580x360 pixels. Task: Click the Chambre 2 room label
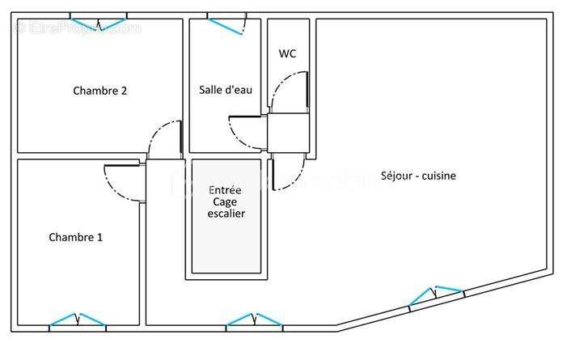tap(99, 91)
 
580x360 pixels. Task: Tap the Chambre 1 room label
tap(75, 237)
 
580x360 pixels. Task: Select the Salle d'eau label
tap(226, 90)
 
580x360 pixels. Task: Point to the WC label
tap(287, 54)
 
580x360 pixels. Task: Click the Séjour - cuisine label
tap(418, 176)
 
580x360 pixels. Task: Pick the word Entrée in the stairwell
tap(226, 188)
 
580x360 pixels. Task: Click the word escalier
tap(226, 214)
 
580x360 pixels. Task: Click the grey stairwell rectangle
tap(226, 243)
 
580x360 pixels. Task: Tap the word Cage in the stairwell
tap(226, 201)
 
